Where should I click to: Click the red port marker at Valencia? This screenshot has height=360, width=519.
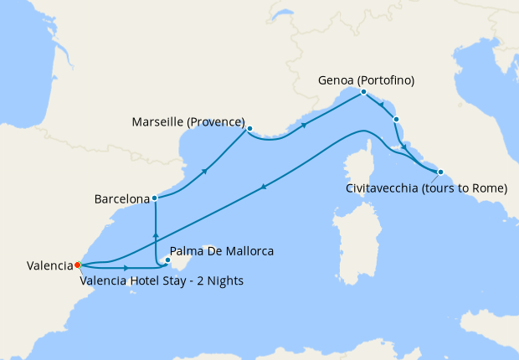pos(77,265)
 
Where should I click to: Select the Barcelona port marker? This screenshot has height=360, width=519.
pos(155,198)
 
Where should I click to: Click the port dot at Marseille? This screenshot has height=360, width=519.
pos(249,128)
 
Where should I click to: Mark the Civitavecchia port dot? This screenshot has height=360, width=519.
pos(440,172)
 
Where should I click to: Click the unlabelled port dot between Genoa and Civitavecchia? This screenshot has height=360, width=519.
pos(396,120)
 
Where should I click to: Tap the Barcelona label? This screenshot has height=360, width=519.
pos(121,199)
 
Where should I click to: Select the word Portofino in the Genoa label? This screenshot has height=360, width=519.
pos(388,81)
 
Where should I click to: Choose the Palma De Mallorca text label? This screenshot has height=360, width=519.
pos(222,251)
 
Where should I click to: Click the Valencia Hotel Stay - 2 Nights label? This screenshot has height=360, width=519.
pos(162,280)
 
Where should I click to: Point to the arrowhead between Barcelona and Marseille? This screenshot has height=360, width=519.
pos(205,171)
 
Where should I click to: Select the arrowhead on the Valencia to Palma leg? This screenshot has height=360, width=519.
pos(126,268)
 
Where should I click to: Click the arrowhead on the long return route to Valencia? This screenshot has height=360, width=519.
pos(264,188)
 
